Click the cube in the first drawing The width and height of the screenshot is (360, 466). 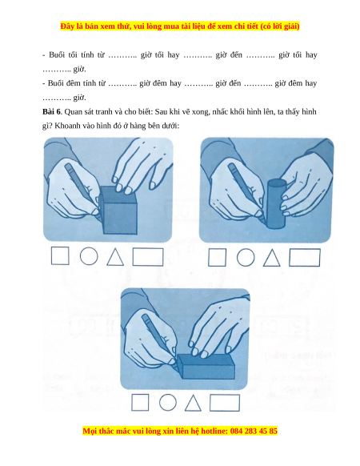coord(118,211)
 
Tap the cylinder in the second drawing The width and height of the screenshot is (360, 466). coord(276,203)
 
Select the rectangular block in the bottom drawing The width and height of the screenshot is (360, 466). coord(206,366)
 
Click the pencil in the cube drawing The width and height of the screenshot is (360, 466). coord(82,188)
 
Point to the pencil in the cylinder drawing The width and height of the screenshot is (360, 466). coord(246,191)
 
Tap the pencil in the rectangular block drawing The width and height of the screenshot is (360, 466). coord(159,339)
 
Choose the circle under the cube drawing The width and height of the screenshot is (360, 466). coord(89,256)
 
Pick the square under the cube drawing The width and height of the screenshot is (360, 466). coord(60,256)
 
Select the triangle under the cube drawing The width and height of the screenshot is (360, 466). coord(115,257)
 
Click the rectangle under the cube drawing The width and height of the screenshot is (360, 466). coord(148,257)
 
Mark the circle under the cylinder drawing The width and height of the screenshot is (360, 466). coord(246,257)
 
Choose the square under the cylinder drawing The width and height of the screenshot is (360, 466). coord(217,257)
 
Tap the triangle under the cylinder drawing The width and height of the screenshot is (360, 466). coord(272,258)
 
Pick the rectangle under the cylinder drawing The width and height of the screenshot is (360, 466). coord(305,258)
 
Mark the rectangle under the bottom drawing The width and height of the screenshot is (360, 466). coord(225,403)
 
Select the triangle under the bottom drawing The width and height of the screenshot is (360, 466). coord(193,403)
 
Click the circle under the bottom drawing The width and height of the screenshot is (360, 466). coord(168,403)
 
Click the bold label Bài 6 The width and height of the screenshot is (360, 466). coord(51,112)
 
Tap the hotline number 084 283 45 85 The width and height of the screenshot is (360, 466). coord(254,431)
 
